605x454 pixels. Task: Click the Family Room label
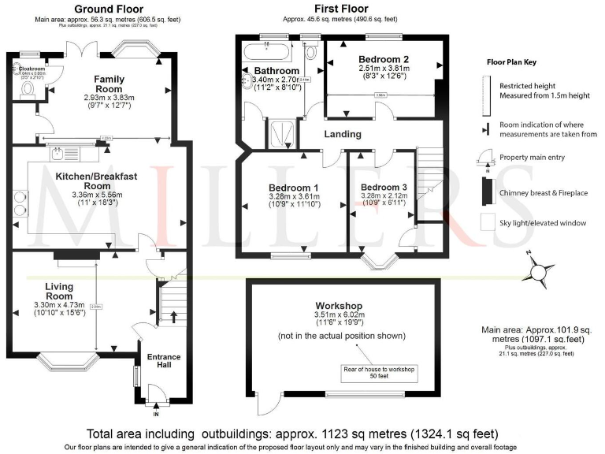[109, 79]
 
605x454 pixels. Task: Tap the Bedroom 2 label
[384, 59]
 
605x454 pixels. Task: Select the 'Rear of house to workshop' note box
[378, 370]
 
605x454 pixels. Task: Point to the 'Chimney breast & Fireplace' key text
[541, 191]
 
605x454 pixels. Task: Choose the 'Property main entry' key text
[532, 158]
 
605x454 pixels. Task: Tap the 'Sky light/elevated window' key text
[543, 223]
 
